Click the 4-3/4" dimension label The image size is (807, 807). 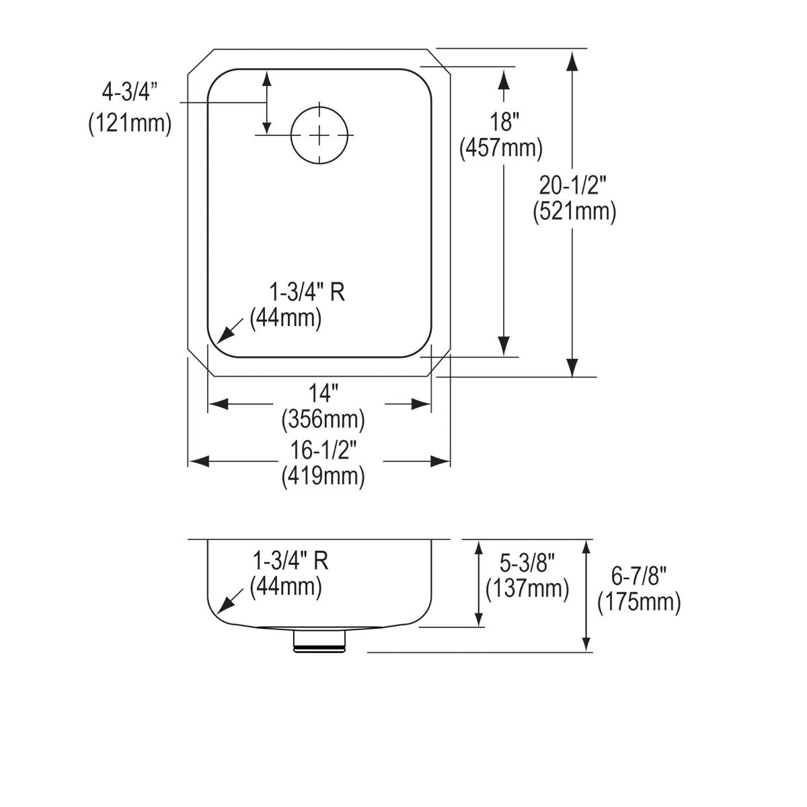pos(129,91)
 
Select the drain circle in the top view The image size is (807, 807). pos(321,135)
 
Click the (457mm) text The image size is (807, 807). pos(501,148)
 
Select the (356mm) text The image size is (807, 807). pos(323,420)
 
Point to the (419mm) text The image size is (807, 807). pos(323,476)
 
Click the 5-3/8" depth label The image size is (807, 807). pos(527,562)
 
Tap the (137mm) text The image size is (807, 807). pos(527,588)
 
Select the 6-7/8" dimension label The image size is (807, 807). pos(639,576)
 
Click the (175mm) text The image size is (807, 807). pos(639,602)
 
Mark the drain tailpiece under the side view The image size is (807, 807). pos(320,642)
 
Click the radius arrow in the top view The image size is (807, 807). pos(227,332)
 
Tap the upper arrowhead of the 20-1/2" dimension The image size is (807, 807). pos(572,61)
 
